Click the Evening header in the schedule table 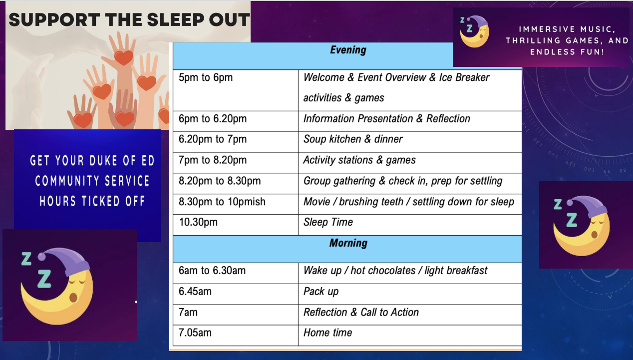[348, 50]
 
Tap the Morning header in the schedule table [348, 243]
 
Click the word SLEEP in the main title [176, 20]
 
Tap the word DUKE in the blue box [102, 161]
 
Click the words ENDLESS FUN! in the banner [567, 52]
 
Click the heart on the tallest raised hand [123, 57]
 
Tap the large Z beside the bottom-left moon [44, 279]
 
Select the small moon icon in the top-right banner [474, 31]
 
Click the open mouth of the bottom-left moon [73, 298]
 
